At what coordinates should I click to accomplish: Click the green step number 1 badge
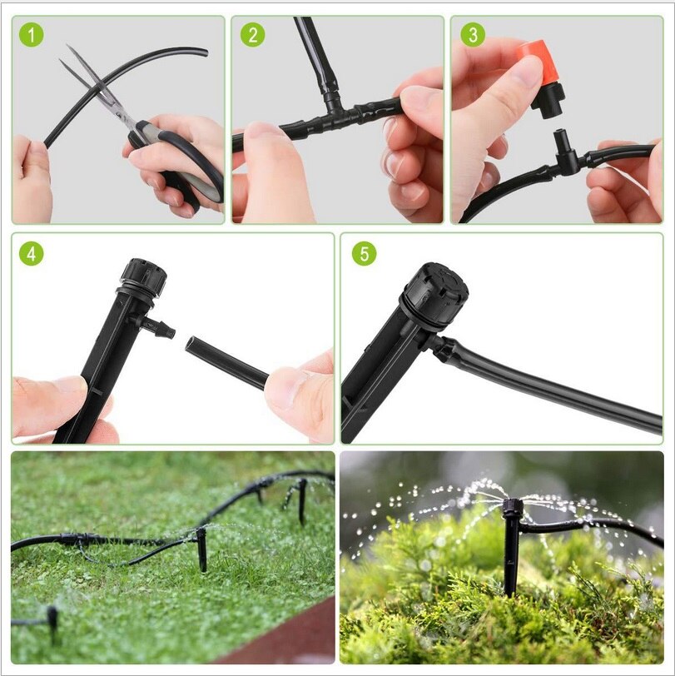point(32,37)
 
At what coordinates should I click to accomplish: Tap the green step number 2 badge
point(252,36)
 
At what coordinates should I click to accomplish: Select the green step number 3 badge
point(473,35)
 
